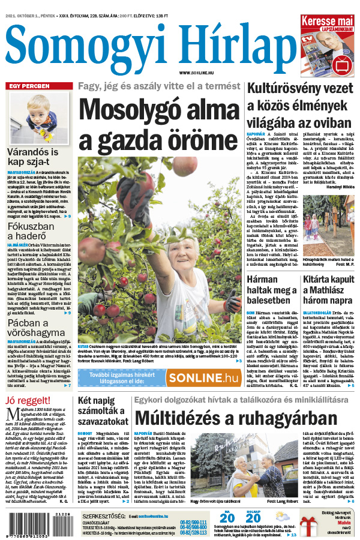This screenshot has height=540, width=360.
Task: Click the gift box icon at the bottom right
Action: coord(310,526)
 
